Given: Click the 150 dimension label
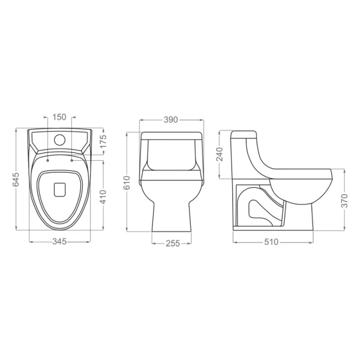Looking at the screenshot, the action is (x=59, y=117).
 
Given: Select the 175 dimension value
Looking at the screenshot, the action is (x=104, y=142).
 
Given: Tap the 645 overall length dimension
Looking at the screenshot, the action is (x=16, y=179).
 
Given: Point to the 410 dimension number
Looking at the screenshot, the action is (x=104, y=197).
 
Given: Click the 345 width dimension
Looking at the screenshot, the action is (x=59, y=242).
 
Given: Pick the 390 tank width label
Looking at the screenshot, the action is (x=171, y=119).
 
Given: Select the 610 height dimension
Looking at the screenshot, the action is (x=127, y=183).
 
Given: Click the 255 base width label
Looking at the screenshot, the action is (x=173, y=244).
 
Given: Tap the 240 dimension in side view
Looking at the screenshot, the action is (x=220, y=155).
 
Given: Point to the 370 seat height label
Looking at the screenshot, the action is (x=344, y=201).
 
